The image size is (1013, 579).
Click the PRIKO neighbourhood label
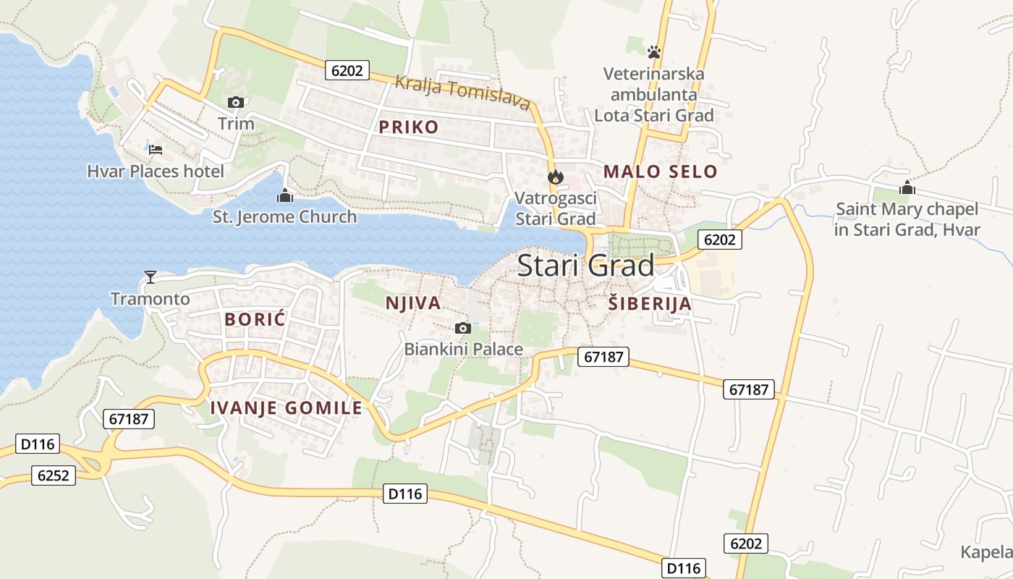pos(408,127)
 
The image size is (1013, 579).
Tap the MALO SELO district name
pos(660,172)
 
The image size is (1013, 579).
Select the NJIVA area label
pos(413,303)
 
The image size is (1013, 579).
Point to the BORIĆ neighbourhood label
pos(255,319)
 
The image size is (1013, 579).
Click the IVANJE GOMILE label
pos(286,408)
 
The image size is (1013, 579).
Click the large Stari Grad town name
pos(585,266)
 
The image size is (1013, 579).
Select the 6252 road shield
pos(54,476)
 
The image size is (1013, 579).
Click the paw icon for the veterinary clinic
pos(654,52)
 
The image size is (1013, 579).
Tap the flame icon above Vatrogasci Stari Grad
pos(555,177)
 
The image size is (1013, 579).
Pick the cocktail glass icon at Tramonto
pos(151,276)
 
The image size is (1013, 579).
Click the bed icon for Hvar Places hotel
pos(156,150)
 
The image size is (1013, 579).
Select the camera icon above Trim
pos(235,103)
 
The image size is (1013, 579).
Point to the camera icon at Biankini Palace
pos(463,328)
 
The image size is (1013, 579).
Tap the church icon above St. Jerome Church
pos(285,195)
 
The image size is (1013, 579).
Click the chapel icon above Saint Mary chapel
pos(907,188)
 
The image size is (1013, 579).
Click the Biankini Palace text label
pos(463,349)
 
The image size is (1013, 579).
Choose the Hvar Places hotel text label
pos(156,172)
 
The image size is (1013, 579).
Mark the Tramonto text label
pos(151,298)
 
